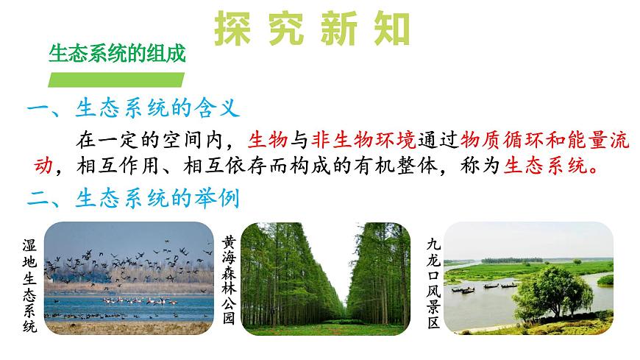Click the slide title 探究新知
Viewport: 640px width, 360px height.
[311, 29]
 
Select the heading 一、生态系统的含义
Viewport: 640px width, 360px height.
[133, 110]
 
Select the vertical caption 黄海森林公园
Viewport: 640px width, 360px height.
[229, 280]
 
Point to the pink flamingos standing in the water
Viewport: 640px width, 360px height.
[139, 300]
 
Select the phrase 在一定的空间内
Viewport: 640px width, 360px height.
[154, 138]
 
